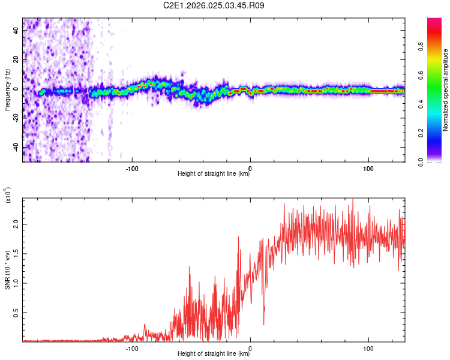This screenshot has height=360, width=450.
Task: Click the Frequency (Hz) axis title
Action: click(x=7, y=90)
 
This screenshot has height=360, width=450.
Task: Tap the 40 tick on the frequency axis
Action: click(x=16, y=31)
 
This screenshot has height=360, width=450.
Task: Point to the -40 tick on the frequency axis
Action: click(x=16, y=147)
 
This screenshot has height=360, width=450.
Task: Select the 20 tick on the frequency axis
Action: click(x=16, y=60)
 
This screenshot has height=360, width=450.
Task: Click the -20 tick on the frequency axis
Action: click(x=16, y=118)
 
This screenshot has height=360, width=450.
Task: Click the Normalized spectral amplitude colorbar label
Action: click(x=445, y=90)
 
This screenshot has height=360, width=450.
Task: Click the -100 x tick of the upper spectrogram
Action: click(x=133, y=168)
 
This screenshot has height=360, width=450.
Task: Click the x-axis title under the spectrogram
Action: click(x=214, y=174)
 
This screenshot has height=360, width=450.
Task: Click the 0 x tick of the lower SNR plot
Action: click(x=250, y=348)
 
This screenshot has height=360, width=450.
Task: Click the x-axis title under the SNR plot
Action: click(x=214, y=354)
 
